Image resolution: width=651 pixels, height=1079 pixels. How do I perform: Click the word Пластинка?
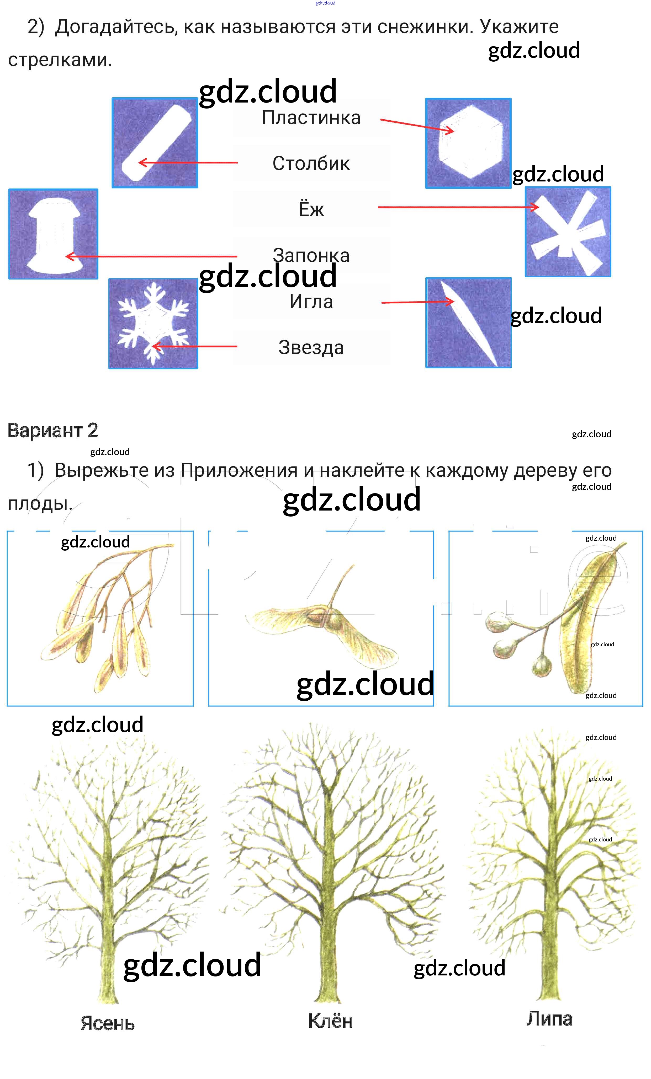click(x=311, y=117)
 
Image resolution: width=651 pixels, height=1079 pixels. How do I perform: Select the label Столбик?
click(x=311, y=163)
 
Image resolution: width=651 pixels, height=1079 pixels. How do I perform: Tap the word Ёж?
click(x=311, y=209)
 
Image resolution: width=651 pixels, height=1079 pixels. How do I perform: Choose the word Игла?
click(x=311, y=301)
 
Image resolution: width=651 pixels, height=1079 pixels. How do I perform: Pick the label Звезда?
click(x=311, y=347)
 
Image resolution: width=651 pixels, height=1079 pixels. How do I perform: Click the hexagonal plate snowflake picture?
click(x=468, y=143)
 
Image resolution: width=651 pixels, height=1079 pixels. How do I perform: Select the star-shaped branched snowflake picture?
click(x=153, y=323)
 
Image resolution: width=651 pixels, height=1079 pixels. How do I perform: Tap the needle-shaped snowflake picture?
click(x=468, y=322)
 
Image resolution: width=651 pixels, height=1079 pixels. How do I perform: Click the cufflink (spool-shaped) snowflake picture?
click(x=53, y=234)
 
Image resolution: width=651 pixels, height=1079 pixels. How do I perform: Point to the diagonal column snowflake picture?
click(x=155, y=143)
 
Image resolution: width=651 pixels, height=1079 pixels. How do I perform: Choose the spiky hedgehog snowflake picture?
click(x=567, y=232)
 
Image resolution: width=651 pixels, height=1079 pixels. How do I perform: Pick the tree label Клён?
click(x=330, y=1021)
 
